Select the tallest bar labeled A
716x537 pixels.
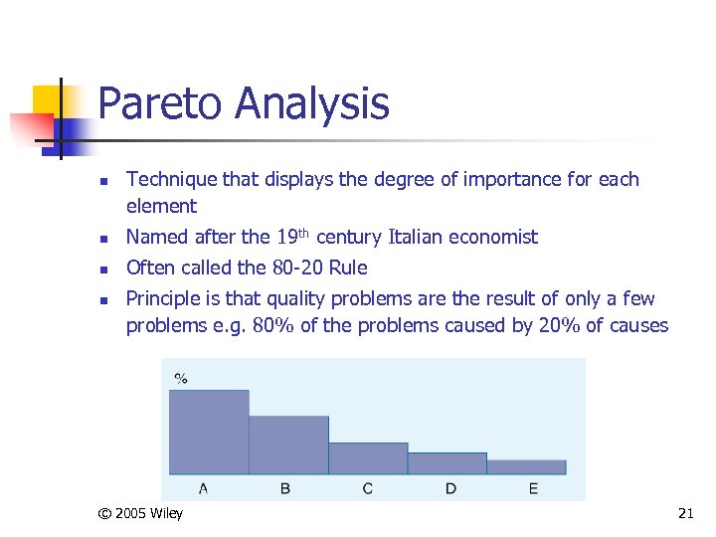(x=209, y=432)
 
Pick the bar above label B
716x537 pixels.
(x=288, y=445)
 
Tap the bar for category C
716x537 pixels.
(x=368, y=457)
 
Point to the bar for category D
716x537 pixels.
(x=447, y=463)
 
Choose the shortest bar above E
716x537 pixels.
(x=526, y=466)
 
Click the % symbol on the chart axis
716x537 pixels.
(x=181, y=378)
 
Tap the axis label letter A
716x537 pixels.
(x=204, y=488)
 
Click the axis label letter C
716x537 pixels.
(x=368, y=488)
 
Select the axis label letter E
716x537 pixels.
(x=534, y=488)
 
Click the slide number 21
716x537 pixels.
(x=684, y=514)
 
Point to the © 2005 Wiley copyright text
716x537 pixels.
(x=140, y=514)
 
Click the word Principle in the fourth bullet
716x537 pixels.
(x=166, y=299)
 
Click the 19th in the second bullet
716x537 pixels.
(x=292, y=236)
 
